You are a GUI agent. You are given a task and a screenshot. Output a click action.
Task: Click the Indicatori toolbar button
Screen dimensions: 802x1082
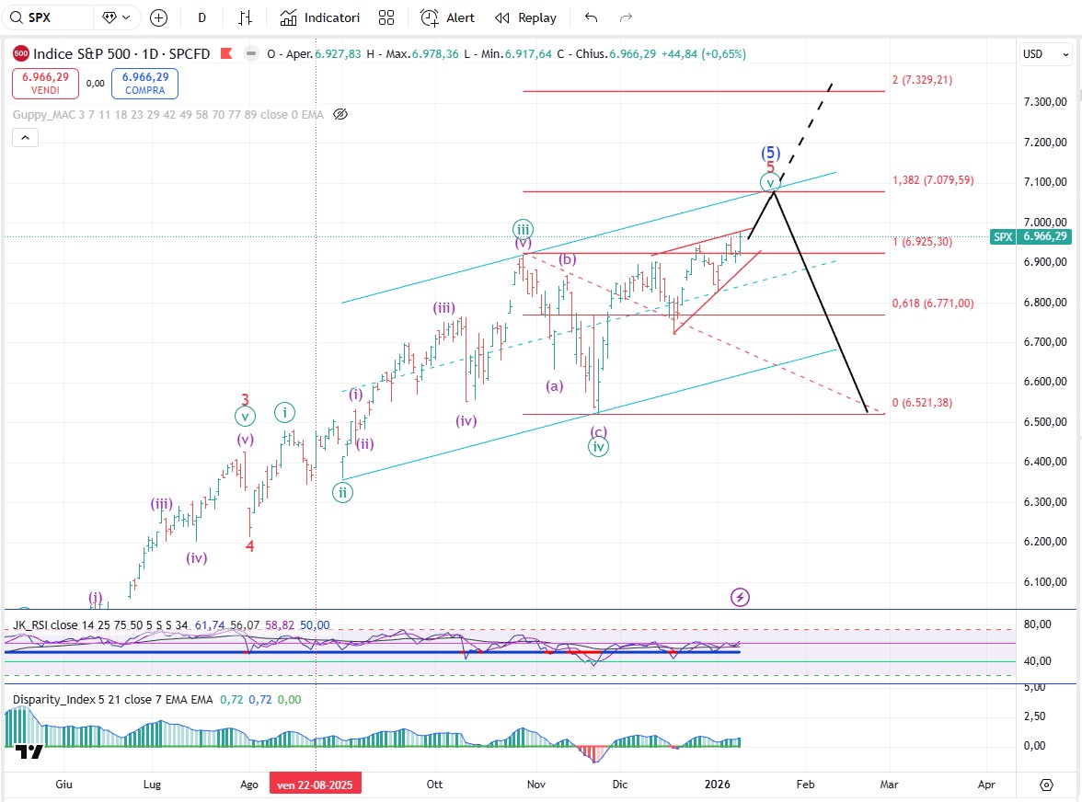[x=320, y=17]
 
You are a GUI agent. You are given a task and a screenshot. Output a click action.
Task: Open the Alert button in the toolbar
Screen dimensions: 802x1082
[x=448, y=17]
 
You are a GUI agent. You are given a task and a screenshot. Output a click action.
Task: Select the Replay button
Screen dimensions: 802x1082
[x=526, y=17]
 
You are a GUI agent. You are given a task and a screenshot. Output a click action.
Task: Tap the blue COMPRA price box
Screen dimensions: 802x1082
[x=144, y=84]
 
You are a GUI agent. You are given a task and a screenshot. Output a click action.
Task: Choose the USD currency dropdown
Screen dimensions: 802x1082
[x=1045, y=54]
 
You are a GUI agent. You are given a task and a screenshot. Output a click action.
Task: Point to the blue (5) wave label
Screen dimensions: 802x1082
[x=770, y=153]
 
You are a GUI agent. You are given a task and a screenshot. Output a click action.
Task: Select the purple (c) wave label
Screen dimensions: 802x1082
[x=599, y=431]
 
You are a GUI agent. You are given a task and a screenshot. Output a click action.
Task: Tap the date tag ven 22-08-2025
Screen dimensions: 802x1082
[x=316, y=785]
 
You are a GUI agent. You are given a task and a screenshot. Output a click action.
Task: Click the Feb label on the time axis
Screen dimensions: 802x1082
[x=805, y=785]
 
